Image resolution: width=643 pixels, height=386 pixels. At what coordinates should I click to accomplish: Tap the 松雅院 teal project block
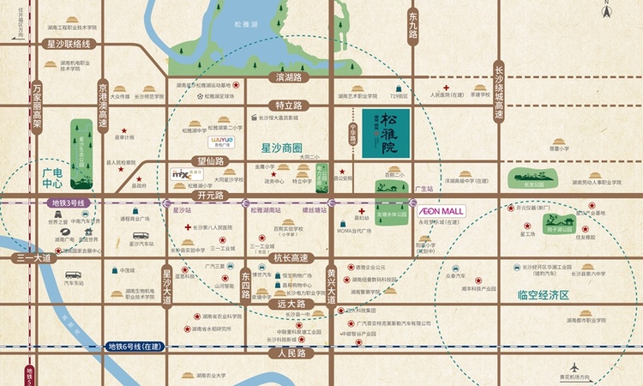(386, 133)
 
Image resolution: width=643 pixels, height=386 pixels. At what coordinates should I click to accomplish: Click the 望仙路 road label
(210, 160)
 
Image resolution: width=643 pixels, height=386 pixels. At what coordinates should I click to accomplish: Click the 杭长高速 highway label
(289, 256)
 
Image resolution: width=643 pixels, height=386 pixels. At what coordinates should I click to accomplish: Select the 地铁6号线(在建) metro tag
(131, 347)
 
